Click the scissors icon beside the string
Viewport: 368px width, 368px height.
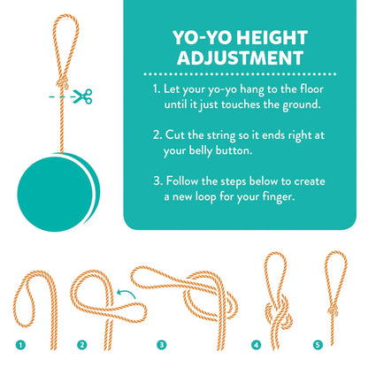coord(83,96)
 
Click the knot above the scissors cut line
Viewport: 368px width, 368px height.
coord(63,83)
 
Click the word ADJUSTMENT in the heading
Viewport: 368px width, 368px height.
coord(240,57)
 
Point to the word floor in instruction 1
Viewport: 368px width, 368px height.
coord(311,88)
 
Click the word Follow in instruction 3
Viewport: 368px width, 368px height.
coord(182,180)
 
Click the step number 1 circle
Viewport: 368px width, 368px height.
coord(20,345)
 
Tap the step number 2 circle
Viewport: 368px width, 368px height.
coord(82,345)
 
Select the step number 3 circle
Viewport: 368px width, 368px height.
coord(162,345)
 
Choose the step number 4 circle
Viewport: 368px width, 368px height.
coord(257,345)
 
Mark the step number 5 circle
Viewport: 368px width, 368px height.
coord(318,345)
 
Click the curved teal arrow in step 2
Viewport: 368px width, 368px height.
coord(126,292)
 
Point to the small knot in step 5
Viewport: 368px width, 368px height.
coord(333,310)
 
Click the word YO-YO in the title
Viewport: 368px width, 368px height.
coord(203,38)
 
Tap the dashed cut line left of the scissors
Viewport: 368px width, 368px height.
coord(61,96)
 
